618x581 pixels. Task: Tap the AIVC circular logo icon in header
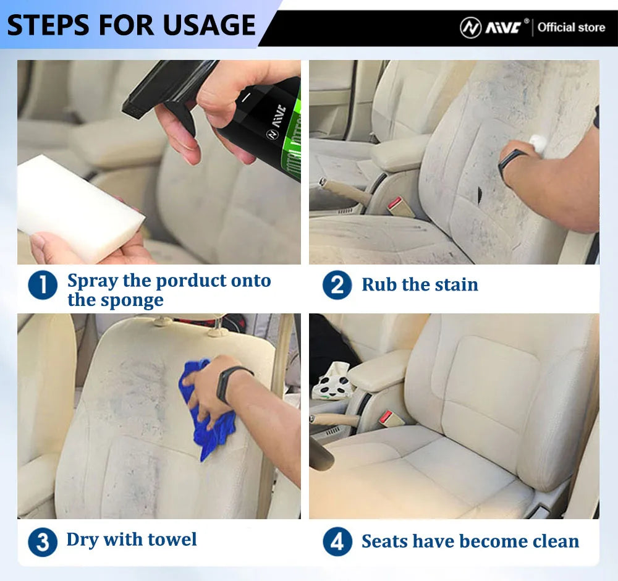470,27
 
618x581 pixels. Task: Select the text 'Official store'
570,27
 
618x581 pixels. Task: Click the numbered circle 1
43,286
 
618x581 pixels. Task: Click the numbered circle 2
337,286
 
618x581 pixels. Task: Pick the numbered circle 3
43,542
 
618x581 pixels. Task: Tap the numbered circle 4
337,542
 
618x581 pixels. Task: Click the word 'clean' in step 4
552,541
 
